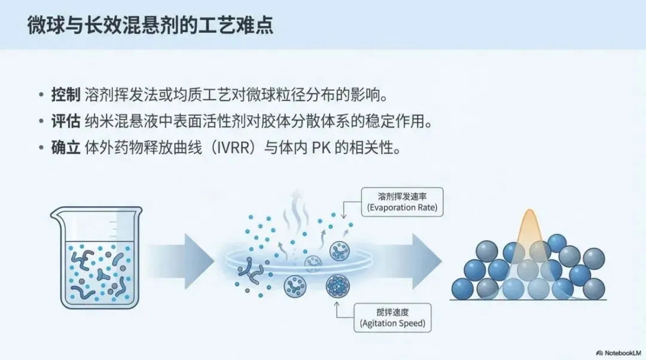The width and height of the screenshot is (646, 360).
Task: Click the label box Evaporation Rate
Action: (x=403, y=202)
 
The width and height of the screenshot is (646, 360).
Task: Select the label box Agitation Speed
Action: (x=393, y=318)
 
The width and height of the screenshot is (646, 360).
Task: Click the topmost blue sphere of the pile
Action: (x=556, y=243)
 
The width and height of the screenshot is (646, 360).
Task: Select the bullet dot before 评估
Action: (x=41, y=122)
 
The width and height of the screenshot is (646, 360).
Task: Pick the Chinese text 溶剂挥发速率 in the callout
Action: (x=403, y=196)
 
